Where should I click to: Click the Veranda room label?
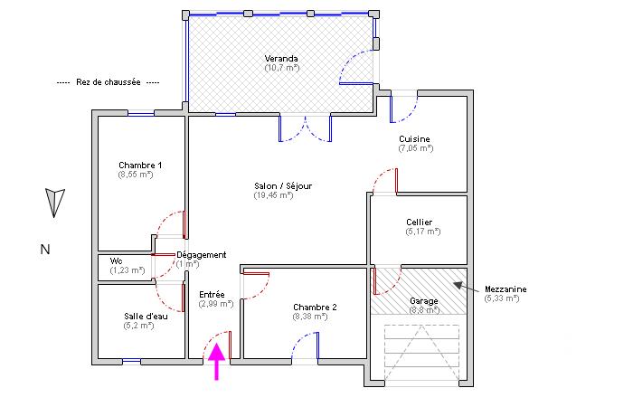(281, 59)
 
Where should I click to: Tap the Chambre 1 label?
(140, 166)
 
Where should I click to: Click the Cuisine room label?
(415, 139)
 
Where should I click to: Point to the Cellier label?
(419, 222)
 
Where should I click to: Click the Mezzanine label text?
(505, 289)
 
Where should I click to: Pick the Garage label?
(424, 300)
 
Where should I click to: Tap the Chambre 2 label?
(315, 308)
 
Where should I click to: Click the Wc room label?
(116, 260)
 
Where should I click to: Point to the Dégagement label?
(201, 255)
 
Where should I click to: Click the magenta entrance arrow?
(217, 364)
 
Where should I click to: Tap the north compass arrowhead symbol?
(55, 202)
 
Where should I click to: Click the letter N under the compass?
(44, 250)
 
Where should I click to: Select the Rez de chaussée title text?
(108, 81)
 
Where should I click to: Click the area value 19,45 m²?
(273, 194)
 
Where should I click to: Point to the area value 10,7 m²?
(281, 68)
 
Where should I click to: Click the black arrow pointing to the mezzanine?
(469, 287)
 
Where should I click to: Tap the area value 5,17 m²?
(423, 232)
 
